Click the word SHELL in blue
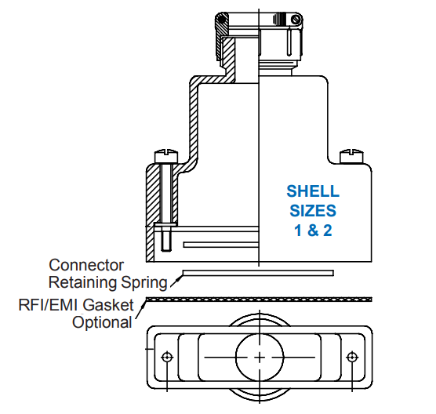tap(313, 191)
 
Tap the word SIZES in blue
tap(313, 211)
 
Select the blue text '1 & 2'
tap(313, 231)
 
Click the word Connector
tap(86, 265)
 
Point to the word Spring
tap(144, 283)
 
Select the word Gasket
tap(108, 305)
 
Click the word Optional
tap(102, 322)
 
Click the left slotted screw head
tap(166, 156)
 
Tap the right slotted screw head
tap(352, 156)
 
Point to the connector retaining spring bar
tap(258, 273)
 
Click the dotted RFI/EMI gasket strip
tap(259, 300)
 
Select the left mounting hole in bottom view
tap(167, 357)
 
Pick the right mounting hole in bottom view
tap(352, 357)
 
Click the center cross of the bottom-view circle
tap(260, 358)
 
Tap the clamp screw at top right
tap(296, 20)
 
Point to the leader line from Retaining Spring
tap(176, 281)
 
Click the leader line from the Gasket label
tap(140, 310)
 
